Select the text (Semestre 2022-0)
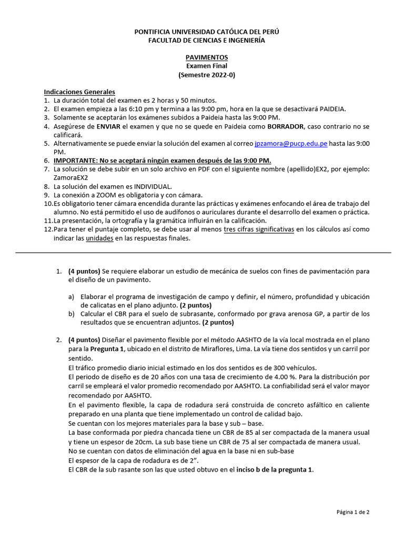[x=206, y=75]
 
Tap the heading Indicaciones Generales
[x=79, y=92]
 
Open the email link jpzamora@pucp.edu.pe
[x=298, y=143]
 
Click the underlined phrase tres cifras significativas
[x=258, y=229]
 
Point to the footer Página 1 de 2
[x=353, y=512]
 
